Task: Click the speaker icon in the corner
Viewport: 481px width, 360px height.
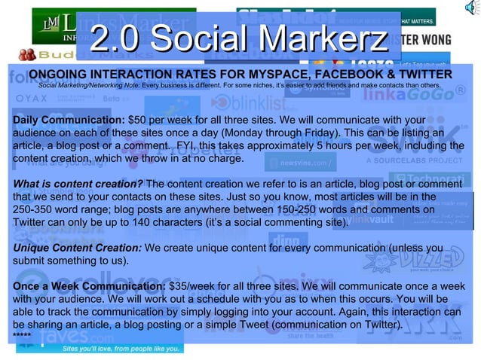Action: tap(471, 8)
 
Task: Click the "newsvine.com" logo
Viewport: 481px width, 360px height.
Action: tap(300, 161)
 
